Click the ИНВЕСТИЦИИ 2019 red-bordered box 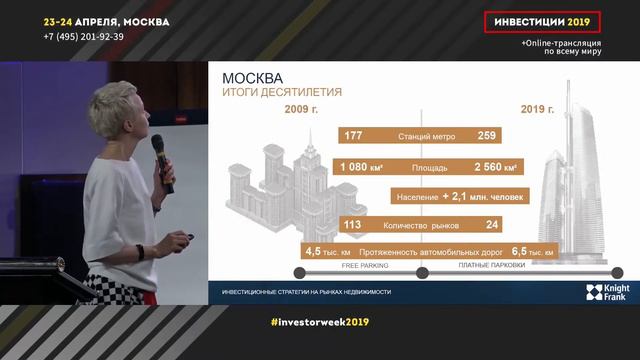(x=543, y=22)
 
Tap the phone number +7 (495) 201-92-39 (x=84, y=36)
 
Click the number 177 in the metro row (x=353, y=135)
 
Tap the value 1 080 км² (x=363, y=166)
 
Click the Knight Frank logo (x=605, y=291)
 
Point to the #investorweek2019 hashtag (x=320, y=323)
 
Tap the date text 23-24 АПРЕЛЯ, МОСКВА (x=106, y=21)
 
